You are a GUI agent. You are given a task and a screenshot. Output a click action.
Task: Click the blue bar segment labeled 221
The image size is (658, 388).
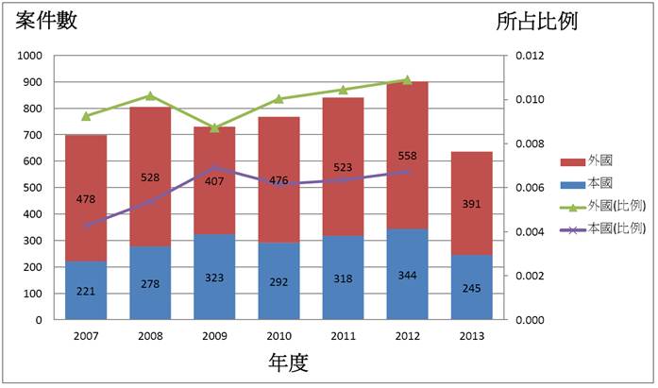pos(86,291)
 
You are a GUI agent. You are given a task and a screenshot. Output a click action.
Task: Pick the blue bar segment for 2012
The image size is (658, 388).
pos(407,274)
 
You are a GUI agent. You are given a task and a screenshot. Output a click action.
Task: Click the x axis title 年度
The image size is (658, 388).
pos(289,362)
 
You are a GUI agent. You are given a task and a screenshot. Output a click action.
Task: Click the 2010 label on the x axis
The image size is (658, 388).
pos(278,335)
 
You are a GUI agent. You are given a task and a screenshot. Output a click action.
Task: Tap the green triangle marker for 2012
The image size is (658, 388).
pos(407,79)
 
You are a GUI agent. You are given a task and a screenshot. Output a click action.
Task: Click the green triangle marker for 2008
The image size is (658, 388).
pos(150,95)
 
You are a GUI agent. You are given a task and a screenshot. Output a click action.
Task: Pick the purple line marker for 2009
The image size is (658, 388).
pos(214,168)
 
